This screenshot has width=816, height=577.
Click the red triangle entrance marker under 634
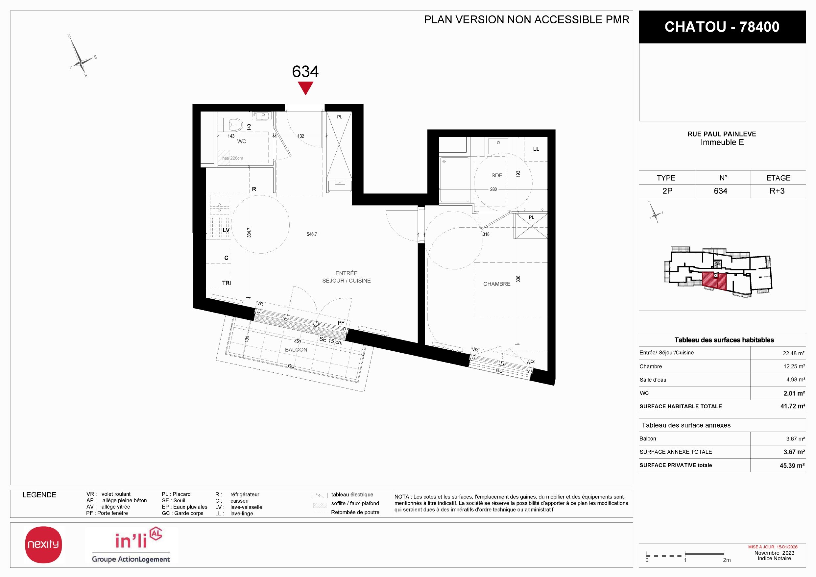(x=305, y=88)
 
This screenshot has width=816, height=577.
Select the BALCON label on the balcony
(x=296, y=350)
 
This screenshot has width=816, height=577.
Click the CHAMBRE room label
(x=496, y=284)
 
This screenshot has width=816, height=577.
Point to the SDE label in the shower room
(x=496, y=175)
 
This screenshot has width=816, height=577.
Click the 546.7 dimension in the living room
(x=312, y=234)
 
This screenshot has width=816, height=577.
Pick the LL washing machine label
(x=536, y=149)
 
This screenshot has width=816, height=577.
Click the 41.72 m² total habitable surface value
(x=793, y=406)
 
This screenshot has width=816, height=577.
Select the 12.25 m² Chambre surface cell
(x=794, y=366)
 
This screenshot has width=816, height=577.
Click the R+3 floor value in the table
(x=777, y=191)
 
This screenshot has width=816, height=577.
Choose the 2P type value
(x=667, y=191)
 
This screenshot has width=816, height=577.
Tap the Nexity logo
(x=43, y=544)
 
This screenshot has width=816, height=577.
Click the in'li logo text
(x=131, y=540)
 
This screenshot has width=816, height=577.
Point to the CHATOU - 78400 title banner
(x=722, y=27)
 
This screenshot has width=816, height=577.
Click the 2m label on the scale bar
(x=727, y=560)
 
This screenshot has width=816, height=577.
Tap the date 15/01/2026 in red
(x=787, y=547)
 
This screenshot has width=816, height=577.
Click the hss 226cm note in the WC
(x=232, y=158)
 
